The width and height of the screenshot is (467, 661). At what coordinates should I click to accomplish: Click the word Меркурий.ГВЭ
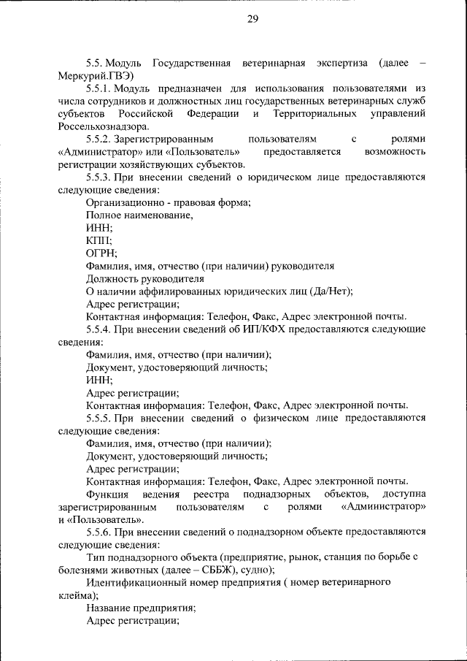coord(96,75)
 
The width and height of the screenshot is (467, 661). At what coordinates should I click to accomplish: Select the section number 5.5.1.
coord(100,88)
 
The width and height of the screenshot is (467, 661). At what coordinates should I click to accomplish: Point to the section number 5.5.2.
coord(100,139)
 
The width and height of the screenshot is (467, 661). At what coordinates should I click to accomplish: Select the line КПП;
coord(98,240)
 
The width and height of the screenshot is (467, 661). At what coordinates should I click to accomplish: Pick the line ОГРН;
coord(101,253)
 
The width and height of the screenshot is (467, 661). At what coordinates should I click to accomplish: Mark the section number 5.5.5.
coord(100,418)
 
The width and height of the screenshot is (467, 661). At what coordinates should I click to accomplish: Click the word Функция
coord(107,494)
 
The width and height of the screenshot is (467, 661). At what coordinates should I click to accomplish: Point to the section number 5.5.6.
coord(100,532)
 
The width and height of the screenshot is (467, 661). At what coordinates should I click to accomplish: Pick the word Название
coord(108,608)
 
